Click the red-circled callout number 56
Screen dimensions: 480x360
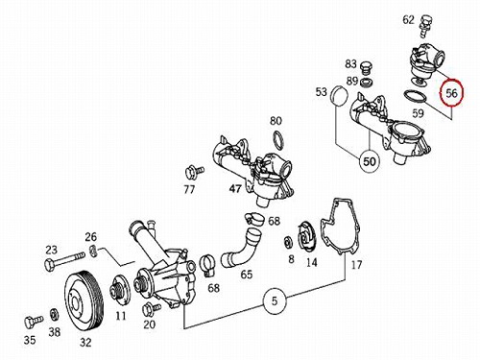point(451,93)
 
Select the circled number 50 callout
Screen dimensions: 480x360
point(370,161)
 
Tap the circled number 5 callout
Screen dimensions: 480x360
point(275,301)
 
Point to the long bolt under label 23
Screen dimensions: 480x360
point(64,260)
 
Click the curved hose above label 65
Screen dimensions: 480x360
point(241,247)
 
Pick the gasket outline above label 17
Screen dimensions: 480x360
point(340,227)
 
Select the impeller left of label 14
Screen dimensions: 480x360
point(306,237)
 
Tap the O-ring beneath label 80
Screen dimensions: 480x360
point(279,141)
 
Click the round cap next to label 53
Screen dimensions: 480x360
point(339,95)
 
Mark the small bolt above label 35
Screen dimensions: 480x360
point(33,322)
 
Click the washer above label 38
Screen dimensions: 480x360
point(54,315)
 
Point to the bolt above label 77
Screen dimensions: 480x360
point(194,173)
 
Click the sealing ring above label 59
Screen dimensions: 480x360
point(416,97)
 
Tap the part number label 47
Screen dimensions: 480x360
point(235,189)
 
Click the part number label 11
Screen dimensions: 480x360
point(121,316)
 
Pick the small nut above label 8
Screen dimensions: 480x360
point(289,243)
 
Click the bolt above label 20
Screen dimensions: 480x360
point(152,309)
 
